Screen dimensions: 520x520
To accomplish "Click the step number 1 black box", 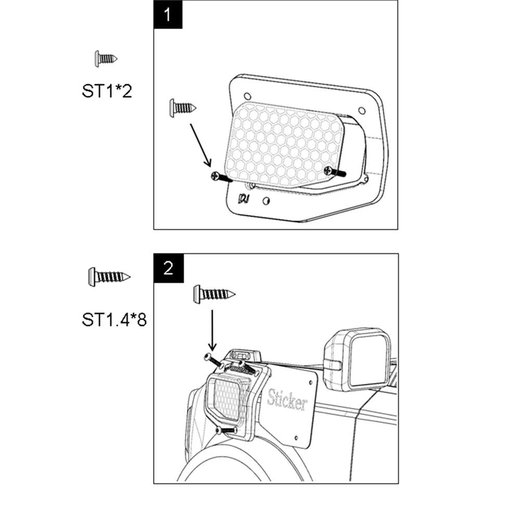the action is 168,15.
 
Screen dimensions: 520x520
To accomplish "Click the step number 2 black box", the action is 168,268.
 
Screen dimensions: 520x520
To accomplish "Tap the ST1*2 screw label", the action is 107,91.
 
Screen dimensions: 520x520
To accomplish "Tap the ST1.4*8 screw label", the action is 114,320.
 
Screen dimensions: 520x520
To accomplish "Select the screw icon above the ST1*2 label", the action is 106,59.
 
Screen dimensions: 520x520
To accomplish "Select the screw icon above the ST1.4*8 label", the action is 109,277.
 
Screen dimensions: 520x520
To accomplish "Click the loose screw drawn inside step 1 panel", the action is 183,108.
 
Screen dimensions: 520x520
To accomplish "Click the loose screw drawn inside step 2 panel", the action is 214,294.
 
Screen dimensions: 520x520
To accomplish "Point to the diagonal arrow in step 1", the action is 200,145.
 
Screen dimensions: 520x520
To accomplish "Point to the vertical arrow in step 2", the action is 212,330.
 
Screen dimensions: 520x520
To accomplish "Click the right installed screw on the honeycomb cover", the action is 335,172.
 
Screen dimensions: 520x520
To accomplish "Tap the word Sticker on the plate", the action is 287,399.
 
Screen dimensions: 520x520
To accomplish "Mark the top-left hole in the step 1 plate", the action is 248,96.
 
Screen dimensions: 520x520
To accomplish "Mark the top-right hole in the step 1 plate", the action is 362,110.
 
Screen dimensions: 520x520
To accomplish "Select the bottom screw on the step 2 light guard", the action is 226,431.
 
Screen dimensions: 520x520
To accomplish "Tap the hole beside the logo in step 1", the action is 266,201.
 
